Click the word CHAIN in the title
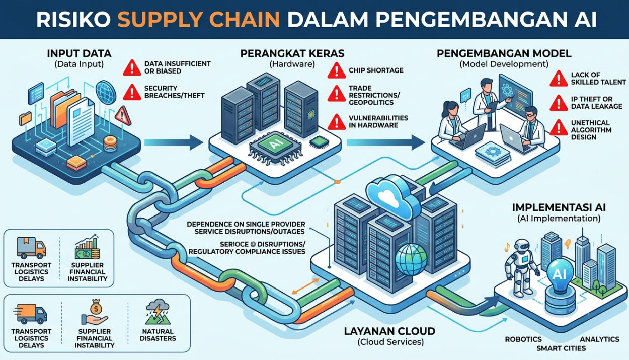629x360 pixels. pos(238,20)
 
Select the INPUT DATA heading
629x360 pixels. pos(79,53)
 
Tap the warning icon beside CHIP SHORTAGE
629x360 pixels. pos(337,70)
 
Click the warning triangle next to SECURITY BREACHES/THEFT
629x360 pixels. pos(132,92)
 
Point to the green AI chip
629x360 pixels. pos(275,145)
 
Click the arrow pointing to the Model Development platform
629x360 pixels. pos(385,142)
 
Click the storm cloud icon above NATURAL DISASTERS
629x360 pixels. pos(158,309)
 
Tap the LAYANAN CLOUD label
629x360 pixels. pos(390,331)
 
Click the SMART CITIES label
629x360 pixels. pos(561,348)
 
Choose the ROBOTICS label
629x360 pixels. pos(523,339)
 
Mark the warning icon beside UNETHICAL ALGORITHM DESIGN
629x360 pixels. pos(559,127)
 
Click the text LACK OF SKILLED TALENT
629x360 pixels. pos(598,79)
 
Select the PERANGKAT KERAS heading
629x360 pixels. pos(292,53)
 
